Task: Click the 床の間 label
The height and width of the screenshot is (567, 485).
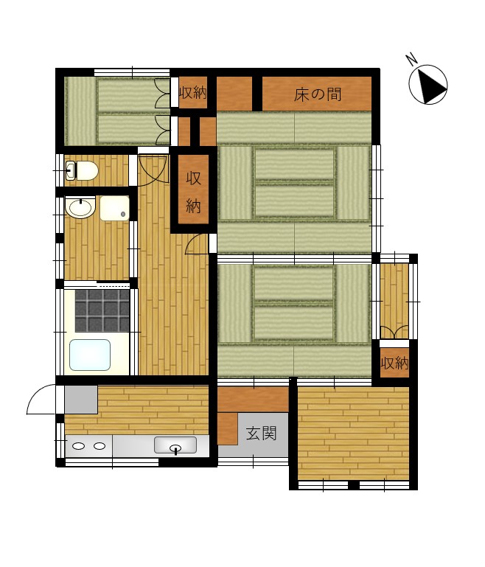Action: tap(317, 94)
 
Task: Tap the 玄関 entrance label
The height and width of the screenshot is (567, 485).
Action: tap(261, 434)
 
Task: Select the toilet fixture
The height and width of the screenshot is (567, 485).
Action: tap(82, 170)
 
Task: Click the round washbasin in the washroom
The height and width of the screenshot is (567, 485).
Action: tap(80, 208)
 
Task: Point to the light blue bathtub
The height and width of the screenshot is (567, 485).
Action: tap(90, 355)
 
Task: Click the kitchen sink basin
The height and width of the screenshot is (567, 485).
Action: tap(175, 445)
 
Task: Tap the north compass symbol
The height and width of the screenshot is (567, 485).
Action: tap(428, 85)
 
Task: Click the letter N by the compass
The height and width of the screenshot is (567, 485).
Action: tap(411, 59)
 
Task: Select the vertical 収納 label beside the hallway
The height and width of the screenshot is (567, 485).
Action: tap(193, 192)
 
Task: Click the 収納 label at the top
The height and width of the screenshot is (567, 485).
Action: tap(193, 93)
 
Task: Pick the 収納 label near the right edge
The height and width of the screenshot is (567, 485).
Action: tap(394, 363)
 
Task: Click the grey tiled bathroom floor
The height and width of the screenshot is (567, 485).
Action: tap(102, 310)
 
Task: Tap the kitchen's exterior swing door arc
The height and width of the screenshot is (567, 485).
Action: tap(41, 399)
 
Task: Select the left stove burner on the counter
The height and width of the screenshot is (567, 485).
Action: tap(78, 446)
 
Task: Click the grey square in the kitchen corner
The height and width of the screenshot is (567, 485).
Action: tap(81, 400)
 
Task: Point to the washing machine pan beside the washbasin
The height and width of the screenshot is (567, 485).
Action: tap(114, 208)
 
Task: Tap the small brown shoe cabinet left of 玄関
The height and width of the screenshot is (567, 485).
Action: tap(227, 428)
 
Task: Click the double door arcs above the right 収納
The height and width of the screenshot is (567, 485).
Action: tap(394, 333)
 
